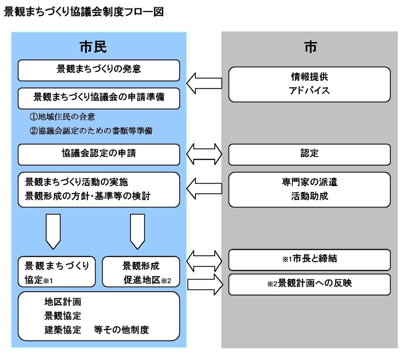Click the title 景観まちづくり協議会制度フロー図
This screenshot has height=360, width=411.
tap(83, 12)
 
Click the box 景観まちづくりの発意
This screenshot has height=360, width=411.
tap(99, 70)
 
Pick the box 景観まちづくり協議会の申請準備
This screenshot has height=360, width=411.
tap(99, 97)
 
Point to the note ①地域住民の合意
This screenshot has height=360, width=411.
tap(65, 117)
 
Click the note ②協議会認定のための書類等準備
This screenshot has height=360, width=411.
tap(91, 131)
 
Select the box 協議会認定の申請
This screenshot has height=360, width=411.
tap(99, 154)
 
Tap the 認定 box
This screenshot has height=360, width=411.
tap(310, 154)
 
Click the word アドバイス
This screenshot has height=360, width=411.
tap(310, 90)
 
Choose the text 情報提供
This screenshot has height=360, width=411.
tap(310, 77)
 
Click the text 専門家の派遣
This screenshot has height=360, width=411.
tap(310, 183)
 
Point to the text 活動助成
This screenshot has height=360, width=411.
tap(310, 196)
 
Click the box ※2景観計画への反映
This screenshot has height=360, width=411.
tap(310, 284)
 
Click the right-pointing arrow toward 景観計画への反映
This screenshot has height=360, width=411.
tap(204, 284)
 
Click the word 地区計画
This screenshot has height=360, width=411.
tap(62, 302)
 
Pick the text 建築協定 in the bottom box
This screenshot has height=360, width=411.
tap(62, 329)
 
